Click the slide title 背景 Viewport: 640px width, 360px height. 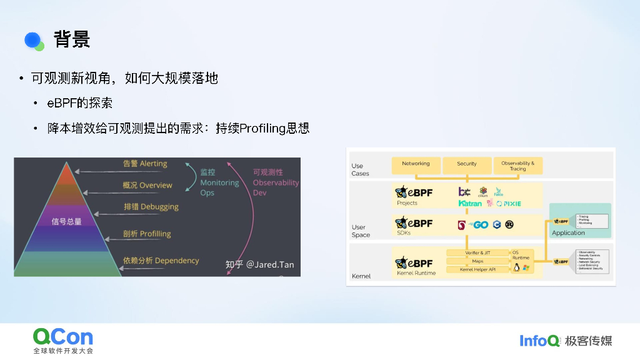[72, 39]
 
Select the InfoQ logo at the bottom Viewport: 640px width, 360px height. [539, 341]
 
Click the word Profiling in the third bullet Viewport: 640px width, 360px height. [263, 129]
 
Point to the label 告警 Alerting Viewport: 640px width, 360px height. [145, 164]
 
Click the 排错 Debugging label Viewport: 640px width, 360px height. [151, 206]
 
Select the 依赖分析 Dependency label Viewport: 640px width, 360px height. [161, 261]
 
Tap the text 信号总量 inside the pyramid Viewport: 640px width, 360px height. [67, 221]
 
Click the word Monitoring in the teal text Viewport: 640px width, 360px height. [219, 183]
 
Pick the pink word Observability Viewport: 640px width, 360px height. [276, 183]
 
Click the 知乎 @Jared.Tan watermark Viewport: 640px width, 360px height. [259, 264]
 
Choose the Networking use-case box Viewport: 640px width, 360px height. [416, 165]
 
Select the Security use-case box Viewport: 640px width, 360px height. [466, 165]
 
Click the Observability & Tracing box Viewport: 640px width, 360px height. [517, 166]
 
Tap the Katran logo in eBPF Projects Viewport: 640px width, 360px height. [470, 204]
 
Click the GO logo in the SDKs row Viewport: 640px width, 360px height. [480, 225]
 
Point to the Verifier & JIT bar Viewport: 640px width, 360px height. [477, 253]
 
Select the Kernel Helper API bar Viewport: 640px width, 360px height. [477, 269]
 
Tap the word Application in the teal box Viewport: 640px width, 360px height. [568, 233]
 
